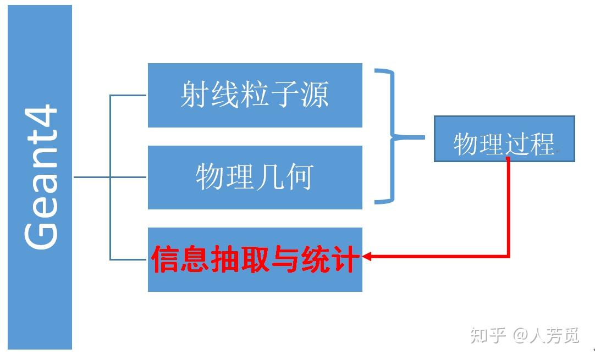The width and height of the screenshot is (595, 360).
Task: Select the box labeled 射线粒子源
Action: (x=255, y=95)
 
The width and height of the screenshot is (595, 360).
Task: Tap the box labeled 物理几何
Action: (x=255, y=177)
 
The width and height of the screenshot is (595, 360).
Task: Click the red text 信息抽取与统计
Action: (x=255, y=259)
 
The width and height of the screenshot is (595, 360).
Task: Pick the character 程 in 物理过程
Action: (x=541, y=145)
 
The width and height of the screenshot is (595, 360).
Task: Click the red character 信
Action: (x=166, y=259)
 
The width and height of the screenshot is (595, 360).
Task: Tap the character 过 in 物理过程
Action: (x=517, y=145)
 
